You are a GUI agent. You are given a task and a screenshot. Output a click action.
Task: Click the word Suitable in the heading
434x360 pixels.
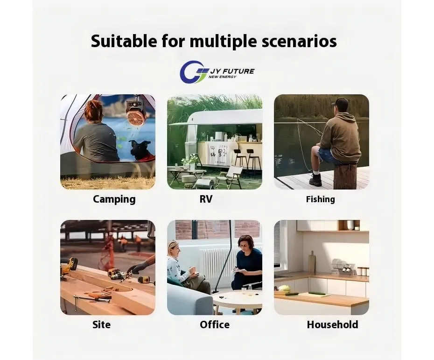[124, 41]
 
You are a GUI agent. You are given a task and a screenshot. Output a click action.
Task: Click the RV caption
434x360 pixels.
[206, 199]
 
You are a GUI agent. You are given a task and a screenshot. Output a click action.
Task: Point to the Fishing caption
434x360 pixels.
[321, 199]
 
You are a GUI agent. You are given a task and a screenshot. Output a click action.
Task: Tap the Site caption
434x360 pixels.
[102, 325]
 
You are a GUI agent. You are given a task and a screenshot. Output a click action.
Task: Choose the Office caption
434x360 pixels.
[215, 325]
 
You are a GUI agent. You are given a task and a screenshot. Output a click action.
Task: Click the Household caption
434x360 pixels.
[332, 325]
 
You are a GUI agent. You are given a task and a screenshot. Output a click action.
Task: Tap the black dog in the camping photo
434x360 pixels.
[140, 151]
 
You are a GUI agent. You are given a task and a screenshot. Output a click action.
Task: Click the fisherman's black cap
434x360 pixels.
[340, 103]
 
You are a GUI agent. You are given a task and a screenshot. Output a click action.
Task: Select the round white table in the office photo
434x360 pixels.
[237, 300]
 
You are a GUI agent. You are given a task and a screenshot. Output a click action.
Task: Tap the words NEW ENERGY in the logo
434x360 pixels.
[222, 77]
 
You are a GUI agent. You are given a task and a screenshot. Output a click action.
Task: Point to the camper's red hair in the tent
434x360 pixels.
[93, 111]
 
